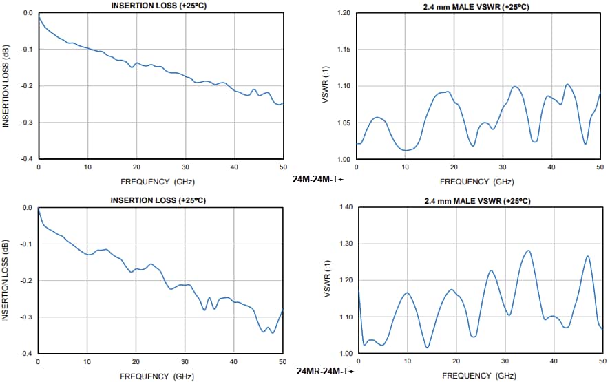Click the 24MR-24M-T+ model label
click(x=325, y=371)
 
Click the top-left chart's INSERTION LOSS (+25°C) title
click(x=160, y=6)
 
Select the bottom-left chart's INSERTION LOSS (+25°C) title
click(x=160, y=200)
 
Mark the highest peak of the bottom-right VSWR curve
click(x=528, y=251)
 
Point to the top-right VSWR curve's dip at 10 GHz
click(x=407, y=150)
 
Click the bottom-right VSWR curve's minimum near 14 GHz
click(x=428, y=347)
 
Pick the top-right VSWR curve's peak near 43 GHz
click(x=567, y=85)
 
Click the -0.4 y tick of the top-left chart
click(x=26, y=159)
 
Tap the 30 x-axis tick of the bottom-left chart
click(x=185, y=361)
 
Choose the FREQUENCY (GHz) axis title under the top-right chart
click(x=477, y=182)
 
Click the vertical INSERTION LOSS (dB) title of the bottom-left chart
click(x=6, y=280)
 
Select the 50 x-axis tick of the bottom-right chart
click(x=600, y=361)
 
